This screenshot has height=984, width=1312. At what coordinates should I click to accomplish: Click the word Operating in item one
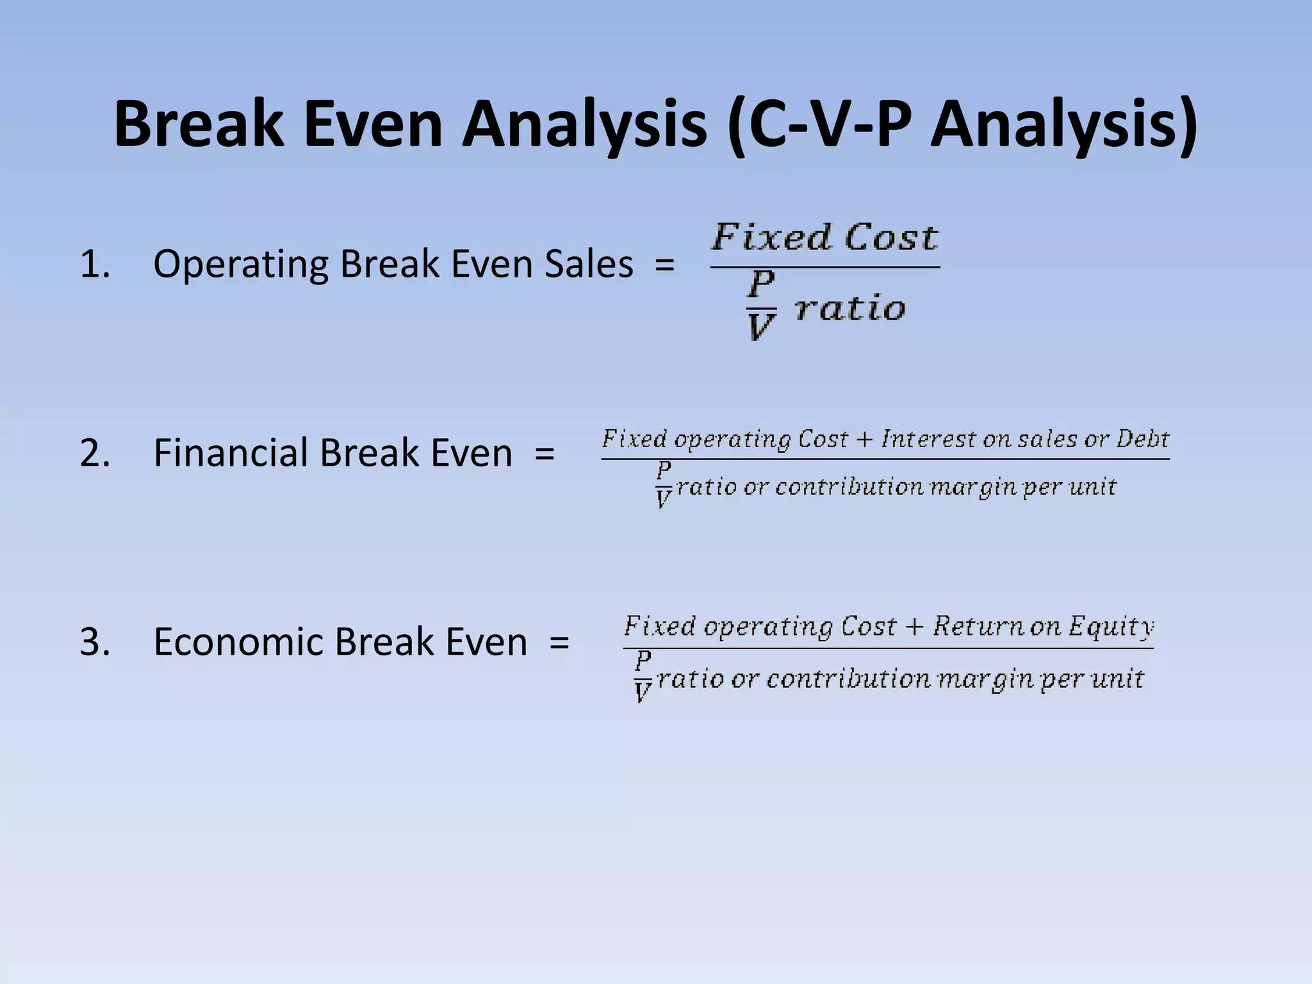pyautogui.click(x=241, y=264)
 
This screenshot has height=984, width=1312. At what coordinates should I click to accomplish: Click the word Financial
pyautogui.click(x=231, y=453)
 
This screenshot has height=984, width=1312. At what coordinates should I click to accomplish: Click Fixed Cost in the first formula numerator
pyautogui.click(x=824, y=238)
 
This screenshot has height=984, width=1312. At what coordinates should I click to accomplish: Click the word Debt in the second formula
pyautogui.click(x=1143, y=439)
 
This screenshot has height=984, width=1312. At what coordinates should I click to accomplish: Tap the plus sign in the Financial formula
pyautogui.click(x=864, y=440)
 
